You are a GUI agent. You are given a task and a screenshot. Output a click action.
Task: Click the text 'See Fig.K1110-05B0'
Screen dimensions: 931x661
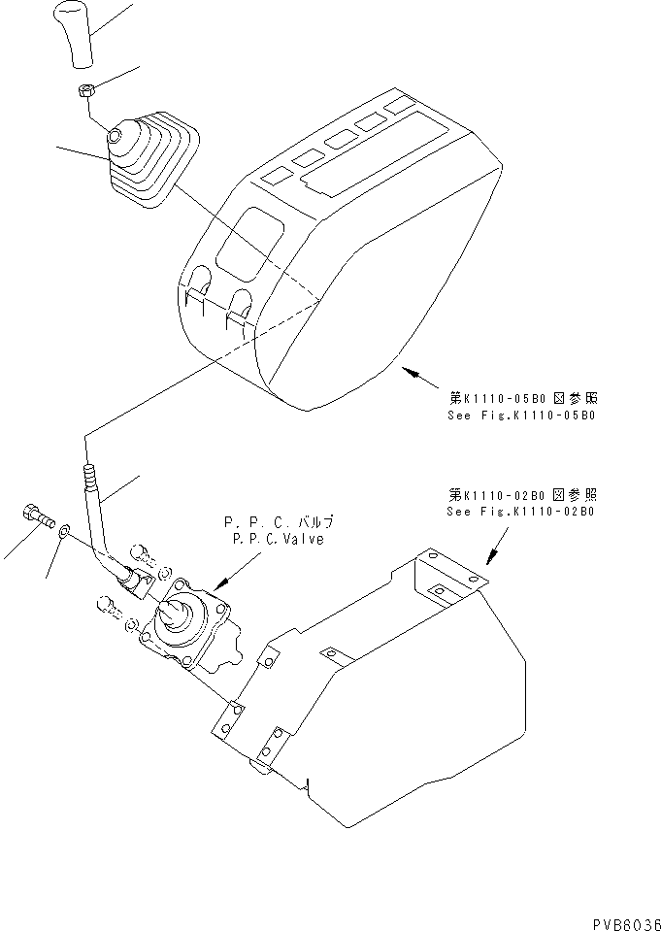[x=520, y=415]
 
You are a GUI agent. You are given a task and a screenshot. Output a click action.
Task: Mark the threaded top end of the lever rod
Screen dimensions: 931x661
[x=90, y=479]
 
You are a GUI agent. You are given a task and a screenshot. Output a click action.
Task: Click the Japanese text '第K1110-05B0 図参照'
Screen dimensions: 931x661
[x=520, y=398]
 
